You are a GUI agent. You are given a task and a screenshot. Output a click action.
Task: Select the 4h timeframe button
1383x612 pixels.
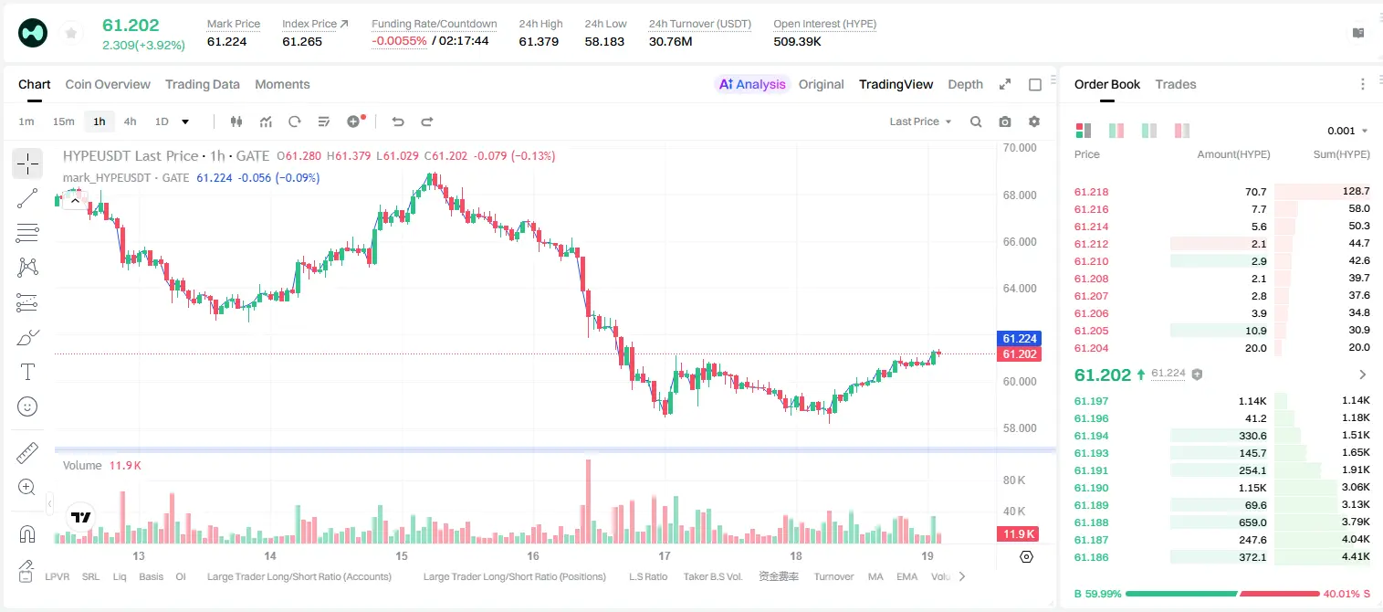[x=130, y=121]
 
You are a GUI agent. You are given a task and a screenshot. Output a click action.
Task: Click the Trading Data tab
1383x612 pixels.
[x=202, y=84]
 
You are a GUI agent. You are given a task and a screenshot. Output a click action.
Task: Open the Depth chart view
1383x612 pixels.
[x=965, y=84]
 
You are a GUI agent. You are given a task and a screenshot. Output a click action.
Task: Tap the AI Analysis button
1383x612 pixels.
[x=752, y=84]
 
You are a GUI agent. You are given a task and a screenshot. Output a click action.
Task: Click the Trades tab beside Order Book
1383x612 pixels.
[x=1176, y=84]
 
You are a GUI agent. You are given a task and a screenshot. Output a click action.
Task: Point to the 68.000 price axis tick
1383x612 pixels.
[x=1020, y=195]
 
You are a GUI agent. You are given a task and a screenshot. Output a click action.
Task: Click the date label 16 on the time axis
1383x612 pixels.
[x=533, y=555]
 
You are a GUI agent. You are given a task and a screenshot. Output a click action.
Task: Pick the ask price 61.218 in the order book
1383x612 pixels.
[x=1091, y=192]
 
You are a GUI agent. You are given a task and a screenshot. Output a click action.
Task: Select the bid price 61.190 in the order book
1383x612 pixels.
[x=1091, y=488]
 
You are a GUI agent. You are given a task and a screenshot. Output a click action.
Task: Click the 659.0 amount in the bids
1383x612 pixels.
[x=1252, y=522]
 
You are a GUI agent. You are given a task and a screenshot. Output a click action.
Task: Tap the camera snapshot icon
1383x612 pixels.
[x=1005, y=121]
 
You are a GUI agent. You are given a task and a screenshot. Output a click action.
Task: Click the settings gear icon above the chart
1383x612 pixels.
[x=1034, y=121]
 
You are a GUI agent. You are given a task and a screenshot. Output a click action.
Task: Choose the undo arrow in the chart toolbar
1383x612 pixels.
[x=398, y=121]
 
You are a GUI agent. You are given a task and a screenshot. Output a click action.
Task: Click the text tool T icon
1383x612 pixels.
[x=27, y=372]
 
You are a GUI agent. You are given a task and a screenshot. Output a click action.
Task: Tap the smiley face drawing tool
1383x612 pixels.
[x=27, y=406]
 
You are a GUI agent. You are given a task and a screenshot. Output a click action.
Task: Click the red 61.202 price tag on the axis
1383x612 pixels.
[x=1020, y=353]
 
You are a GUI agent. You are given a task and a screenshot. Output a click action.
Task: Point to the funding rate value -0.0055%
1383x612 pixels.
[x=399, y=41]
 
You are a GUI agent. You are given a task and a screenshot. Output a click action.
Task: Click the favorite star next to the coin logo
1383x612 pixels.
[x=71, y=33]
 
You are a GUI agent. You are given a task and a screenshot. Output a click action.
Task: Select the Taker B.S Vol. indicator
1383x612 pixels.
[x=712, y=576]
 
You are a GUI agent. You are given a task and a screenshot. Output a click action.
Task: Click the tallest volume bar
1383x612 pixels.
[x=589, y=501]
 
